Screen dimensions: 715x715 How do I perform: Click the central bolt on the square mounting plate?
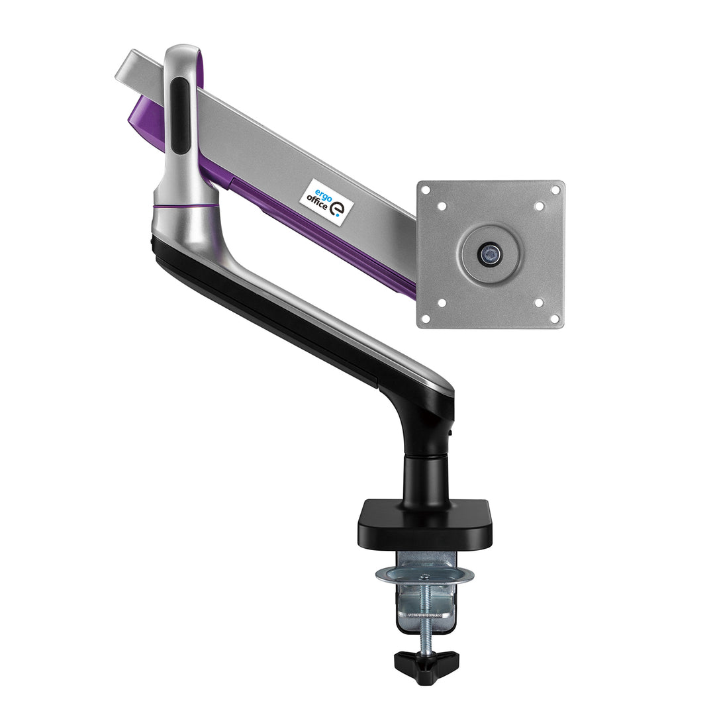pyautogui.click(x=491, y=254)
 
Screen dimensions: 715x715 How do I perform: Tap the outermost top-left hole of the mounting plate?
pyautogui.click(x=426, y=190)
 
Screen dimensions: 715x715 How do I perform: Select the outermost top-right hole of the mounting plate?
pyautogui.click(x=555, y=190)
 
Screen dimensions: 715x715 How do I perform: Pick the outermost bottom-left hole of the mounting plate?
pyautogui.click(x=426, y=319)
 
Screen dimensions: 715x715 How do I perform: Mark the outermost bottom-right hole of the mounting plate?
pyautogui.click(x=555, y=319)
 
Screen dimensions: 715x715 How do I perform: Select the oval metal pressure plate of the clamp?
pyautogui.click(x=425, y=574)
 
